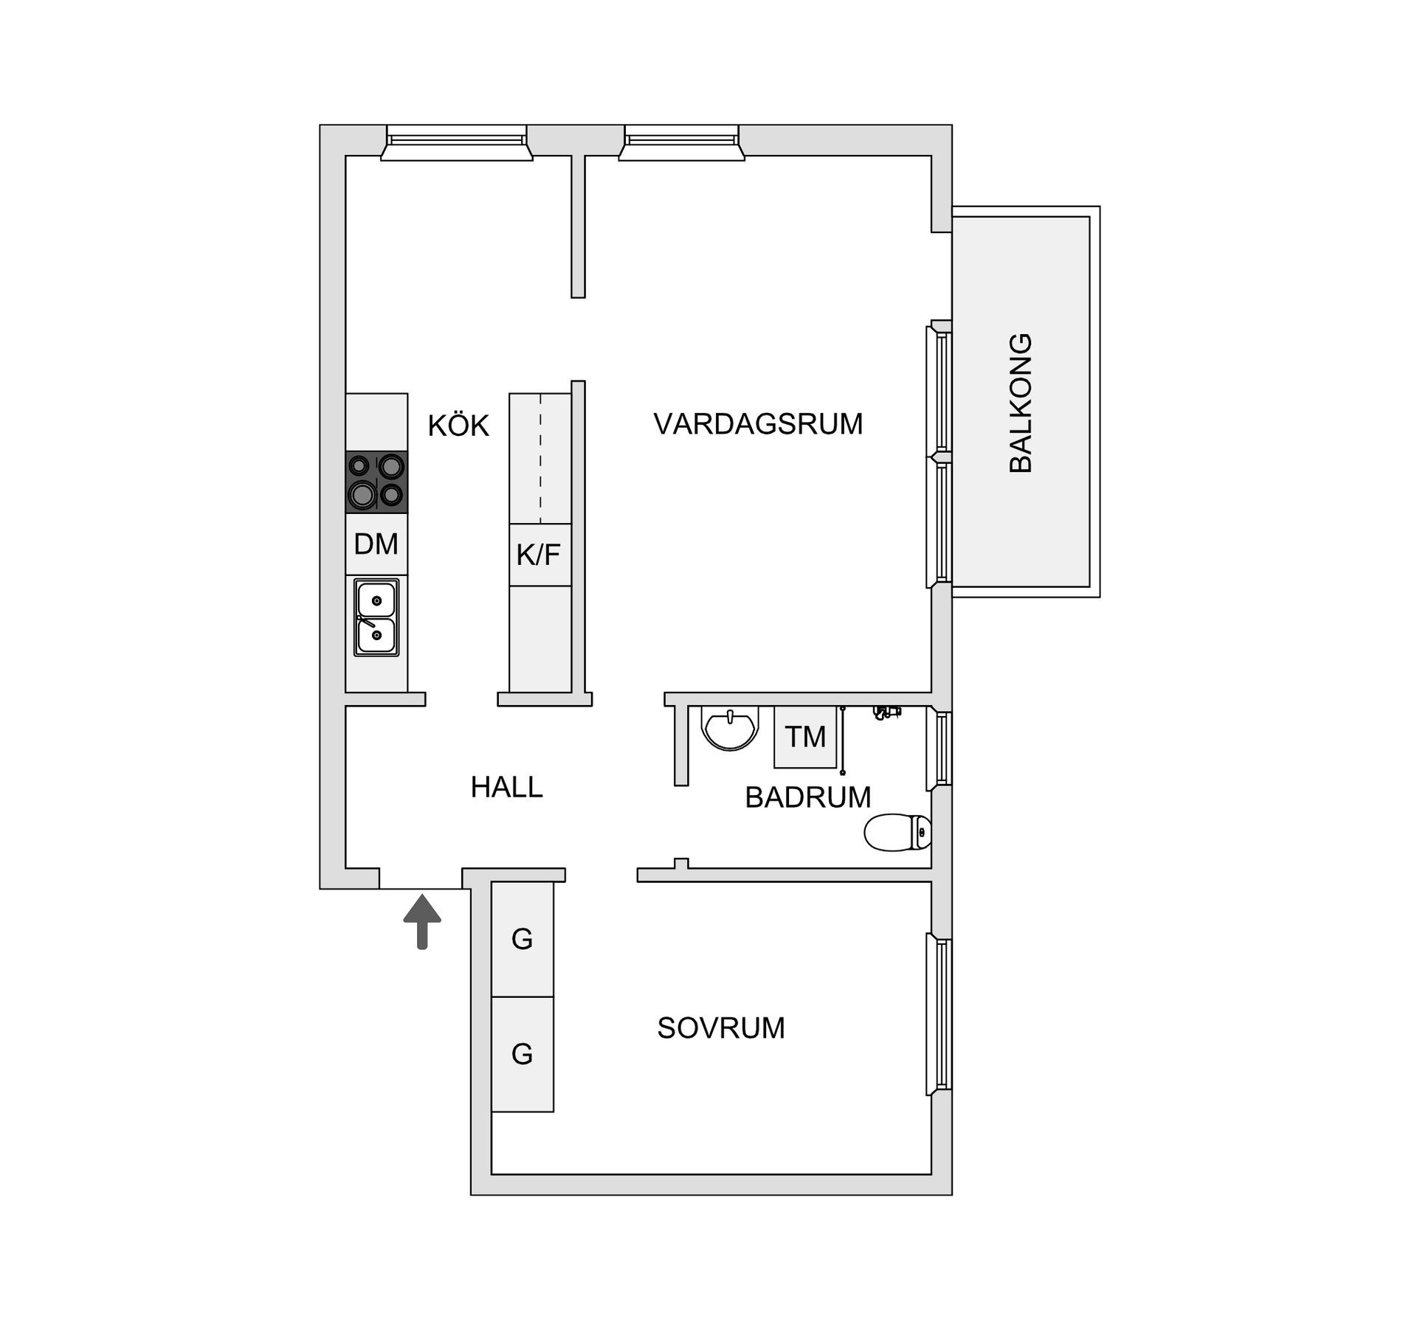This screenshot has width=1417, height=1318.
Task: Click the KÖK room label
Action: coord(458,426)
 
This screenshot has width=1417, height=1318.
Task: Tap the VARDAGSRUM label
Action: coord(758,424)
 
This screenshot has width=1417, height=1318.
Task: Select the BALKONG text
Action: coord(1021,403)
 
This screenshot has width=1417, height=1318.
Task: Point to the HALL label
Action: coord(506,788)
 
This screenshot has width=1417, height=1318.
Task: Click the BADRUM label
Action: coord(808,797)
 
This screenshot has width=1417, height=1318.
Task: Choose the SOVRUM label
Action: coord(721,1028)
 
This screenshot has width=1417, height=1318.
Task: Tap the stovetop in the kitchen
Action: coord(376,482)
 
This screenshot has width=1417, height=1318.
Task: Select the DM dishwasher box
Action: coord(376,544)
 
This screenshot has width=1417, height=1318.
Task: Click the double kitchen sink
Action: coord(376,617)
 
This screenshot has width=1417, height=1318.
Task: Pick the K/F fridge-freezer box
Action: coord(539,555)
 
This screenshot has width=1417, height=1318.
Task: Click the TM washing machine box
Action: coord(805,736)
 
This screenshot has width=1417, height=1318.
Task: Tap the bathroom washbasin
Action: coord(730,727)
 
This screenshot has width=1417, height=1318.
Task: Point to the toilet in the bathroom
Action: coord(897,832)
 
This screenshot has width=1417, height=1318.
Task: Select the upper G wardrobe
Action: coord(523,939)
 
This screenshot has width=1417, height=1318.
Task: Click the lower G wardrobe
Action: coord(523,1054)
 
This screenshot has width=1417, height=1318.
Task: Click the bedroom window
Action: coord(940,1014)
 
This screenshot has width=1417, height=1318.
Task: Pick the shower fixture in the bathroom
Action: coord(886,712)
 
